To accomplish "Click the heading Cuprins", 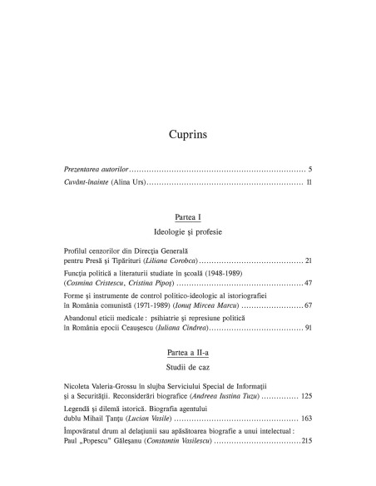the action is (x=188, y=133).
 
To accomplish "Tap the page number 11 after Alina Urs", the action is (x=308, y=181).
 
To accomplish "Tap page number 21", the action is (x=308, y=261).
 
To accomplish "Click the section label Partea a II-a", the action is (x=188, y=352).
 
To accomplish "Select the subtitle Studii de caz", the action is (x=188, y=366).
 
